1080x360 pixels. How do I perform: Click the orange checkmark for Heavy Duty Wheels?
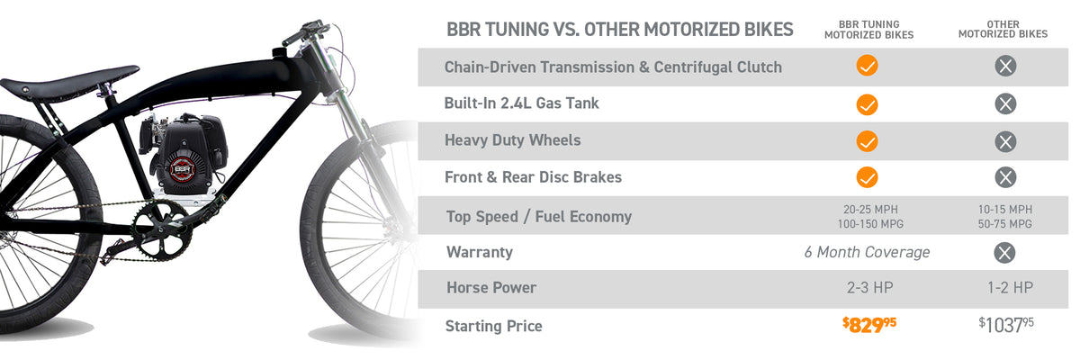click(x=867, y=141)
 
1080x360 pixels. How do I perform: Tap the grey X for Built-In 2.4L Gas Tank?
click(x=1005, y=103)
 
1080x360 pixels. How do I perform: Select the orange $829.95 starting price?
click(x=869, y=325)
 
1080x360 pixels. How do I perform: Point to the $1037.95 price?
click(x=1006, y=325)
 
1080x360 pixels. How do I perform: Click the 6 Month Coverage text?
click(x=867, y=252)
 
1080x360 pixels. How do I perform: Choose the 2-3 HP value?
click(x=869, y=288)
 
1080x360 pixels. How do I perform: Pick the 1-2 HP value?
click(x=1010, y=288)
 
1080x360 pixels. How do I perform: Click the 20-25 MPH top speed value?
click(x=870, y=210)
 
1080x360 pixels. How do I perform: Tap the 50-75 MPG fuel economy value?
click(x=1004, y=224)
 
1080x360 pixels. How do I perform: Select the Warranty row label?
click(x=480, y=252)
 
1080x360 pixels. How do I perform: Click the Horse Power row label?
click(x=491, y=288)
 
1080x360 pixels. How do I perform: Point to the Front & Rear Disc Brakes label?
click(x=533, y=177)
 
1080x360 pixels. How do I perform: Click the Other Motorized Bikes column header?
click(x=1003, y=29)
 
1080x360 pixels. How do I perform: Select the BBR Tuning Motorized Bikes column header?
click(x=868, y=30)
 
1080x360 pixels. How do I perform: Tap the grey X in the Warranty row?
click(x=1004, y=253)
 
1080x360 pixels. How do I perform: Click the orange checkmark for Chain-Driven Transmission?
click(x=867, y=66)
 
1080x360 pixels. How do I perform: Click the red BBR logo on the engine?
click(x=182, y=169)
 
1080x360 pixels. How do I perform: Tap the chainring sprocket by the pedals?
click(x=161, y=230)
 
